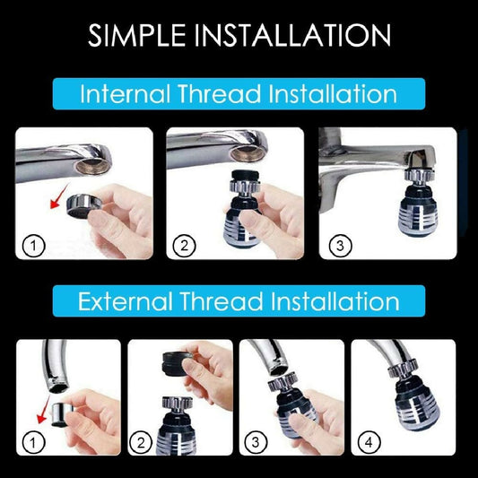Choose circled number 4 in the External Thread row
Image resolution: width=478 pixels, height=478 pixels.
click(x=367, y=441)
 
